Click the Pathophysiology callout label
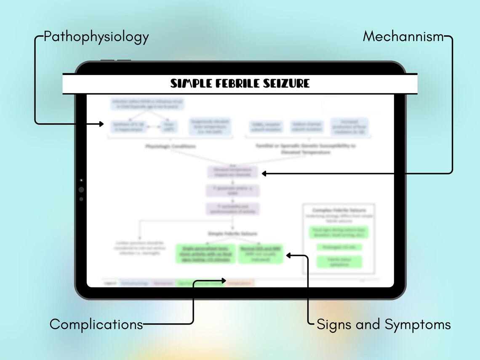pos(96,37)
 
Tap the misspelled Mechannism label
pos(403,37)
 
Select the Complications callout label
pos(96,324)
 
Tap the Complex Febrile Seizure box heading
pos(339,210)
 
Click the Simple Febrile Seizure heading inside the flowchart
pos(232,233)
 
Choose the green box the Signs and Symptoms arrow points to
pos(261,254)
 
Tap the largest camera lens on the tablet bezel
pos(81,190)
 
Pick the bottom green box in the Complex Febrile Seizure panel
pos(339,262)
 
